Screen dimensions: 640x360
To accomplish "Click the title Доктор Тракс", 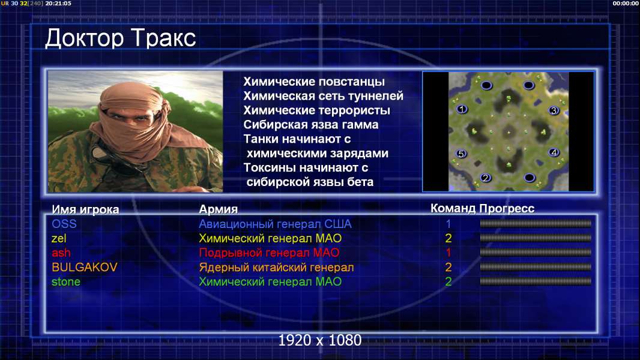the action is point(121,38).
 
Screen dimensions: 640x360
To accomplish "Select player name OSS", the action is point(64,224).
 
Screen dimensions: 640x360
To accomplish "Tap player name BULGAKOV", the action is point(85,267).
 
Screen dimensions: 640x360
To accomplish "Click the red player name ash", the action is point(61,253).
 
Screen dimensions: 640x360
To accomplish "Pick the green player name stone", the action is point(65,282).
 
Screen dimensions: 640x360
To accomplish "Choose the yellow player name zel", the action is point(59,238).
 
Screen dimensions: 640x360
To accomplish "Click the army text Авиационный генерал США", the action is point(275,224).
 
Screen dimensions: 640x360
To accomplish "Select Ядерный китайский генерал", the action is point(276,268).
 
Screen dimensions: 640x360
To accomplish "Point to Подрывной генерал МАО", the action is point(269,253).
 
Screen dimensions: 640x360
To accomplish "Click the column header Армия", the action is point(218,209).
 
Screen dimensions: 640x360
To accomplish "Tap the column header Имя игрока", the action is point(85,209).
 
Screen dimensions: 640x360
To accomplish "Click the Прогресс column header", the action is point(507,209).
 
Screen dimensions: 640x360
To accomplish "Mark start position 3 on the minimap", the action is point(554,110).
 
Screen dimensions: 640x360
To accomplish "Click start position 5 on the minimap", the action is point(461,154).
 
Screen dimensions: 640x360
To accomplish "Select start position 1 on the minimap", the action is point(462,109).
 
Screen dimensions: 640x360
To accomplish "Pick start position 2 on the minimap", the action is point(485,178).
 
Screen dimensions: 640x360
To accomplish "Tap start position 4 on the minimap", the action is point(554,152).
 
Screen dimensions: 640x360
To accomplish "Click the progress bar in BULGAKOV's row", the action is point(536,267).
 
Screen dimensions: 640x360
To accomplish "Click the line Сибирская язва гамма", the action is point(311,125).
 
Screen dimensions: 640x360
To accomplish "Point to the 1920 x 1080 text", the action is point(320,340).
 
